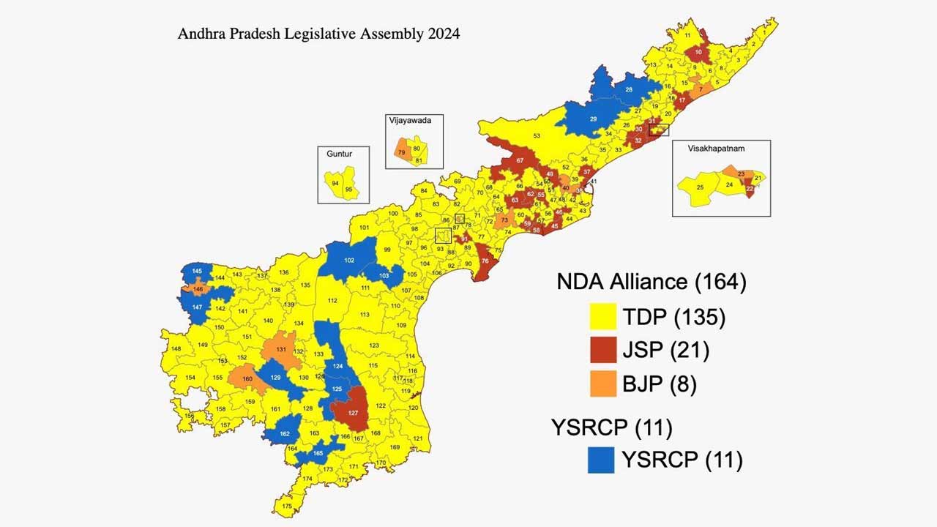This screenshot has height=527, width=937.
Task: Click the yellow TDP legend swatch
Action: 603,317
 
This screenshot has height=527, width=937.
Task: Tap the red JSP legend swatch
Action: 603,350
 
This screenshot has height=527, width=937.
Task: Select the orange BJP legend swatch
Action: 603,384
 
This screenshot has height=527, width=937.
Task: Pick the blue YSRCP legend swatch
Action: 601,460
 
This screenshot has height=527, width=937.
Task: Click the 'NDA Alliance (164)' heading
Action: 651,282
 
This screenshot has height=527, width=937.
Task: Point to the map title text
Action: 318,34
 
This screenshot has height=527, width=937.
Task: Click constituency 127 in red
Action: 353,412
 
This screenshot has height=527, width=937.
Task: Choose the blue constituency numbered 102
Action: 349,260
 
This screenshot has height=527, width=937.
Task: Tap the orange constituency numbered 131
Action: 281,349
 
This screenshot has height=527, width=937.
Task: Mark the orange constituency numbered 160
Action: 247,378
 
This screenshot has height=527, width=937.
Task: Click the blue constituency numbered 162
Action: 285,433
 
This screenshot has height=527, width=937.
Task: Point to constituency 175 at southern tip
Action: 286,506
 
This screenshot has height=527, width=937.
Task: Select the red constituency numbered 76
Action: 485,261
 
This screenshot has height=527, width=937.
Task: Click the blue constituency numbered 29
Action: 593,119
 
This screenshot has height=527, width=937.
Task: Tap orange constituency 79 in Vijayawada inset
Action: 401,152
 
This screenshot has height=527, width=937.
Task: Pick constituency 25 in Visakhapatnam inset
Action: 700,187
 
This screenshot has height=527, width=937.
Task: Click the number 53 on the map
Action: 536,136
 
